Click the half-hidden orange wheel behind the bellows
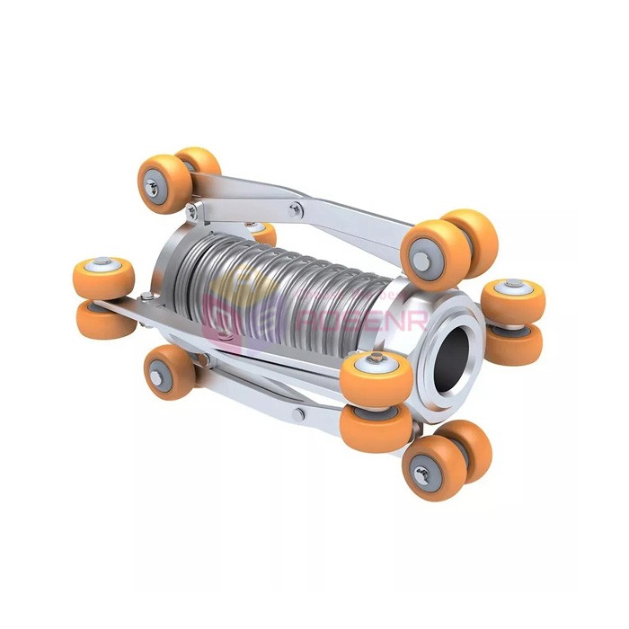[261, 233]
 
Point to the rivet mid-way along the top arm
[295, 209]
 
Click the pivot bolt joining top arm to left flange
[191, 211]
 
